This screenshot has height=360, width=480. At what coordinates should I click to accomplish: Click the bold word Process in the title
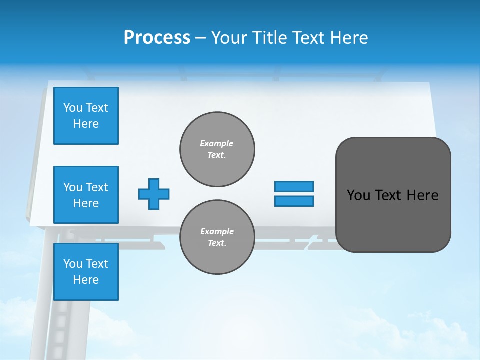tap(157, 37)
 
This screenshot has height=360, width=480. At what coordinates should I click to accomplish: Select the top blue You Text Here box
tap(86, 116)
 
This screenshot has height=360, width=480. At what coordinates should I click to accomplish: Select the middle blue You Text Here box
tap(86, 195)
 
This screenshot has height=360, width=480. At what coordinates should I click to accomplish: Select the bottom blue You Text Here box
tap(86, 272)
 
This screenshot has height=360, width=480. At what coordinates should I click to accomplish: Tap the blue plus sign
tap(154, 194)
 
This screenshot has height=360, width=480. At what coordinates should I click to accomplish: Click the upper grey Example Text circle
tap(217, 149)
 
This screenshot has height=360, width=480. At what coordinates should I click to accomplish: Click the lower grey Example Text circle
tap(217, 237)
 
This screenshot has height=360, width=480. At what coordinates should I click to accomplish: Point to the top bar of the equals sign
tap(294, 186)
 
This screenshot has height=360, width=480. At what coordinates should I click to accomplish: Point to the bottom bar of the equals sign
tap(294, 201)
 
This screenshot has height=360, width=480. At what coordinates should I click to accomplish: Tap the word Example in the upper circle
tap(217, 143)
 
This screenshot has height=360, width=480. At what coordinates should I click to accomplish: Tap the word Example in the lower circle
tap(217, 231)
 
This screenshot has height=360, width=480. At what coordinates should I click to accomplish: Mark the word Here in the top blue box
tap(86, 124)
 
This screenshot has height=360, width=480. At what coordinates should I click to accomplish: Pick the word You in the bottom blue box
tap(73, 264)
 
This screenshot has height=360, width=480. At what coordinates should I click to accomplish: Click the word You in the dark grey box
tap(358, 195)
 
